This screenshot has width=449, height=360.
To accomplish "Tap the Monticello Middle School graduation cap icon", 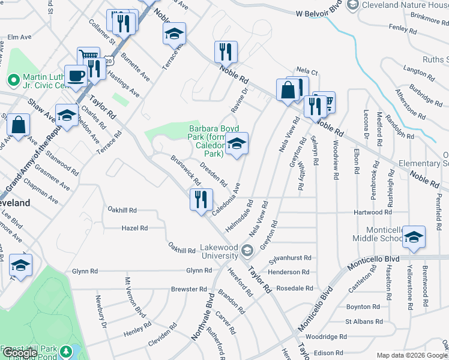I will click(413, 237).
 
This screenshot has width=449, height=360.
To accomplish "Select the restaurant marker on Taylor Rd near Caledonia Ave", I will click(201, 199).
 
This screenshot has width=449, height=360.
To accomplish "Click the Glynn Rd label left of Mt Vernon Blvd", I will click(85, 271).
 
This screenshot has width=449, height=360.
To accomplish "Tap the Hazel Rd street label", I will click(134, 228).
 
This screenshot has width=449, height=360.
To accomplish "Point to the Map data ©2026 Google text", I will click(411, 355).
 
